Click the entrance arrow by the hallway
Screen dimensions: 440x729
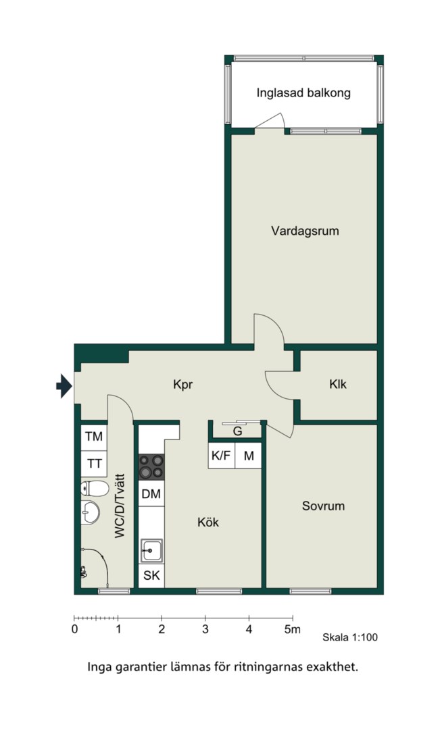pyautogui.click(x=64, y=386)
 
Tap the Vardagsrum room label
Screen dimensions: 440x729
pyautogui.click(x=305, y=231)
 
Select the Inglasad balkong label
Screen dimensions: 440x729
pyautogui.click(x=303, y=93)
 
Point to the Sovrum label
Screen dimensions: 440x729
pyautogui.click(x=323, y=506)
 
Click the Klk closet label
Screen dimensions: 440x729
pyautogui.click(x=337, y=385)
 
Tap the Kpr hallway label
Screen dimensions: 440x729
pyautogui.click(x=182, y=385)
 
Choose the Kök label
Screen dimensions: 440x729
pyautogui.click(x=208, y=522)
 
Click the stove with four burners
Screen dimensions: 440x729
pyautogui.click(x=152, y=466)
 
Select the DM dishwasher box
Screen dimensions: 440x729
pyautogui.click(x=151, y=493)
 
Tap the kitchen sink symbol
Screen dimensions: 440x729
pyautogui.click(x=152, y=551)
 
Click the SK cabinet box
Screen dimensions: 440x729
pyautogui.click(x=152, y=576)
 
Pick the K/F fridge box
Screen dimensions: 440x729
pyautogui.click(x=221, y=456)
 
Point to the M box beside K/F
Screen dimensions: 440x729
pyautogui.click(x=249, y=456)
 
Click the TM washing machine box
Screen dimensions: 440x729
pyautogui.click(x=94, y=437)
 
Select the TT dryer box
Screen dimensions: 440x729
pyautogui.click(x=94, y=464)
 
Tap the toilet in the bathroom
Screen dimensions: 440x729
pyautogui.click(x=95, y=489)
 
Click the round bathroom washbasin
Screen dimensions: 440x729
pyautogui.click(x=90, y=512)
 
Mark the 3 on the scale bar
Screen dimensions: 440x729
pyautogui.click(x=205, y=630)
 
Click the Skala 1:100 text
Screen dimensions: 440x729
pyautogui.click(x=350, y=637)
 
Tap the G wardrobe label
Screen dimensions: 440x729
pyautogui.click(x=237, y=431)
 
